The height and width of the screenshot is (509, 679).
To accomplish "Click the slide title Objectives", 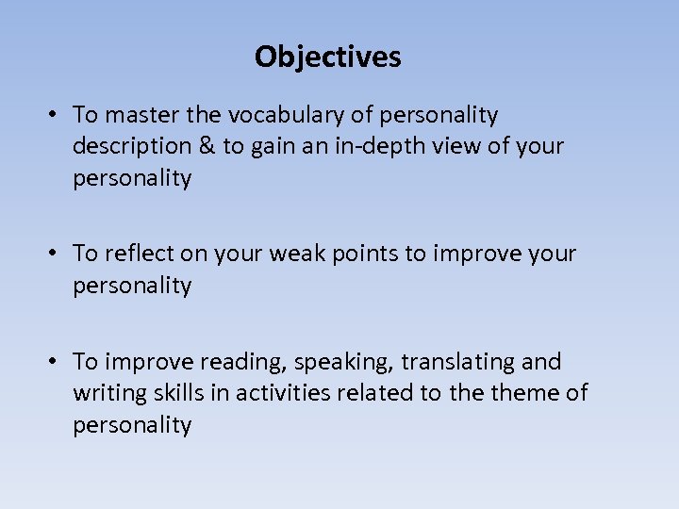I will (x=327, y=57).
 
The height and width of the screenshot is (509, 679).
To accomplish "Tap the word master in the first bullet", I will (x=143, y=115).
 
